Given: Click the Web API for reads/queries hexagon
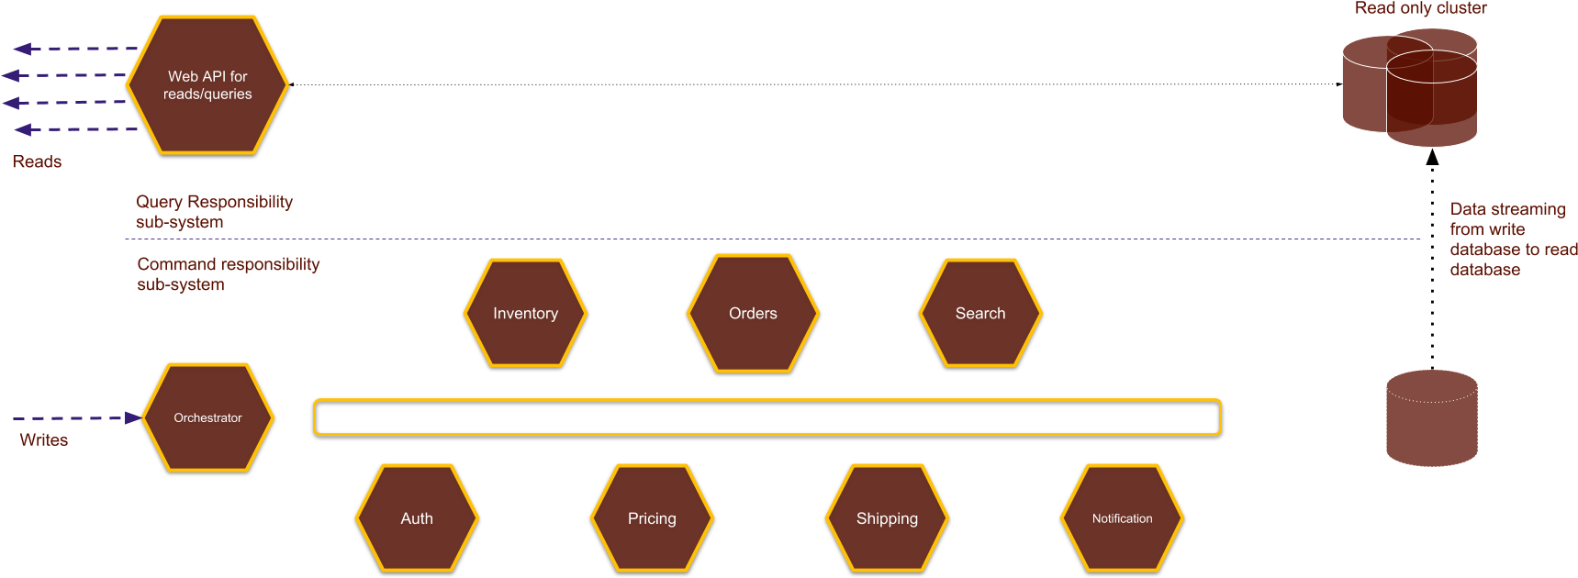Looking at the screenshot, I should click(x=207, y=84).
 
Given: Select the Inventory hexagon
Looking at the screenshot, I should click(x=525, y=313).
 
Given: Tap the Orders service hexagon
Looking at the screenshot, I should click(x=753, y=313).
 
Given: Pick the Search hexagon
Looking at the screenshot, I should click(x=980, y=313).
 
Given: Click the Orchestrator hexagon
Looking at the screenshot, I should click(x=208, y=417).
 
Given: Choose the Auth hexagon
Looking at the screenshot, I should click(x=417, y=518).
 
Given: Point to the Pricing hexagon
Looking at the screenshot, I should click(x=652, y=518).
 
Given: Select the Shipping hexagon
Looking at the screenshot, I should click(x=887, y=518).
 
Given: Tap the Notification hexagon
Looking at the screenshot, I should click(x=1122, y=518).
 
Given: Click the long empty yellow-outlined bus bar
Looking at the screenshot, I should click(x=767, y=417).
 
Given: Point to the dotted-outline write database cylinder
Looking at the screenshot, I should click(x=1431, y=418).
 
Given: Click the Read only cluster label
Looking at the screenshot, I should click(x=1420, y=8).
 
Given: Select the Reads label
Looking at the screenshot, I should click(x=37, y=161).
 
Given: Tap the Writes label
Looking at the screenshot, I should click(x=44, y=440).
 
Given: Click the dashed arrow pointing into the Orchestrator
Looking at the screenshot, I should click(x=78, y=418).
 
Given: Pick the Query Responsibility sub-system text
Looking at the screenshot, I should click(x=214, y=212).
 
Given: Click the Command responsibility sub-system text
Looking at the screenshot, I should click(x=228, y=274).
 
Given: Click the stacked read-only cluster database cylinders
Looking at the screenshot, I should click(x=1410, y=87).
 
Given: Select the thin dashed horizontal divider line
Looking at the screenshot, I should click(x=771, y=239).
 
